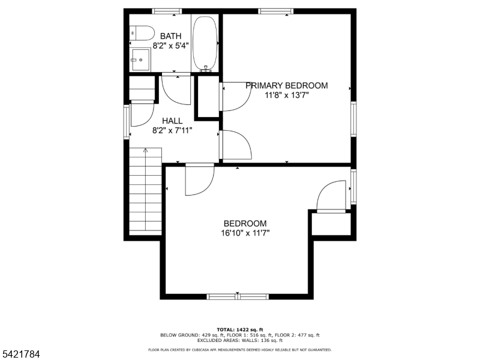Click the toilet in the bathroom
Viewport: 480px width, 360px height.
pyautogui.click(x=142, y=33)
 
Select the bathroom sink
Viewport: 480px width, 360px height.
pyautogui.click(x=140, y=59)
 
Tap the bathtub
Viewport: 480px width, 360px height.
pyautogui.click(x=205, y=43)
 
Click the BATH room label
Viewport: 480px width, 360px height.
pyautogui.click(x=171, y=36)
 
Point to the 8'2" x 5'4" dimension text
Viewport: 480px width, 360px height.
pyautogui.click(x=170, y=46)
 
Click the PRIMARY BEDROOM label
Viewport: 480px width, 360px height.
pyautogui.click(x=287, y=85)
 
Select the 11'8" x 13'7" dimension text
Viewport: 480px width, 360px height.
pyautogui.click(x=287, y=95)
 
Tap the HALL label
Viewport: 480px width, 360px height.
pyautogui.click(x=172, y=121)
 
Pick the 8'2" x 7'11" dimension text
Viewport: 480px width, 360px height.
pyautogui.click(x=172, y=131)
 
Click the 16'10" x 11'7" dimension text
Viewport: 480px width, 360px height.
pyautogui.click(x=245, y=233)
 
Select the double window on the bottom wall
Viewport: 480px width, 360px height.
pyautogui.click(x=238, y=296)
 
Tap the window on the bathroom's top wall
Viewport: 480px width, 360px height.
pyautogui.click(x=167, y=11)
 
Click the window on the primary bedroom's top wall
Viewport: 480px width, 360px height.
pyautogui.click(x=276, y=11)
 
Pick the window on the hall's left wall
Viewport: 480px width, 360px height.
pyautogui.click(x=127, y=122)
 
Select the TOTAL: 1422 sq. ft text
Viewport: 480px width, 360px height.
pyautogui.click(x=240, y=329)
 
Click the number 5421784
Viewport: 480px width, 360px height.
pyautogui.click(x=20, y=355)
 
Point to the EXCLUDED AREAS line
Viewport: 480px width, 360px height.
pyautogui.click(x=240, y=340)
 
